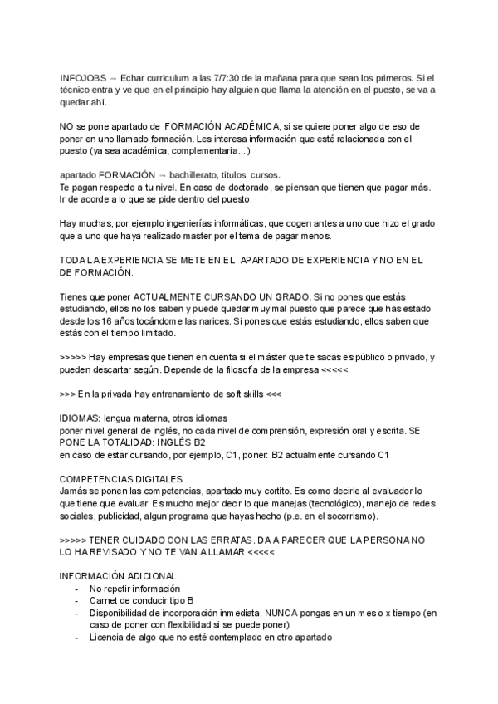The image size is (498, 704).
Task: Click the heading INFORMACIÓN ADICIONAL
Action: [x=119, y=576]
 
